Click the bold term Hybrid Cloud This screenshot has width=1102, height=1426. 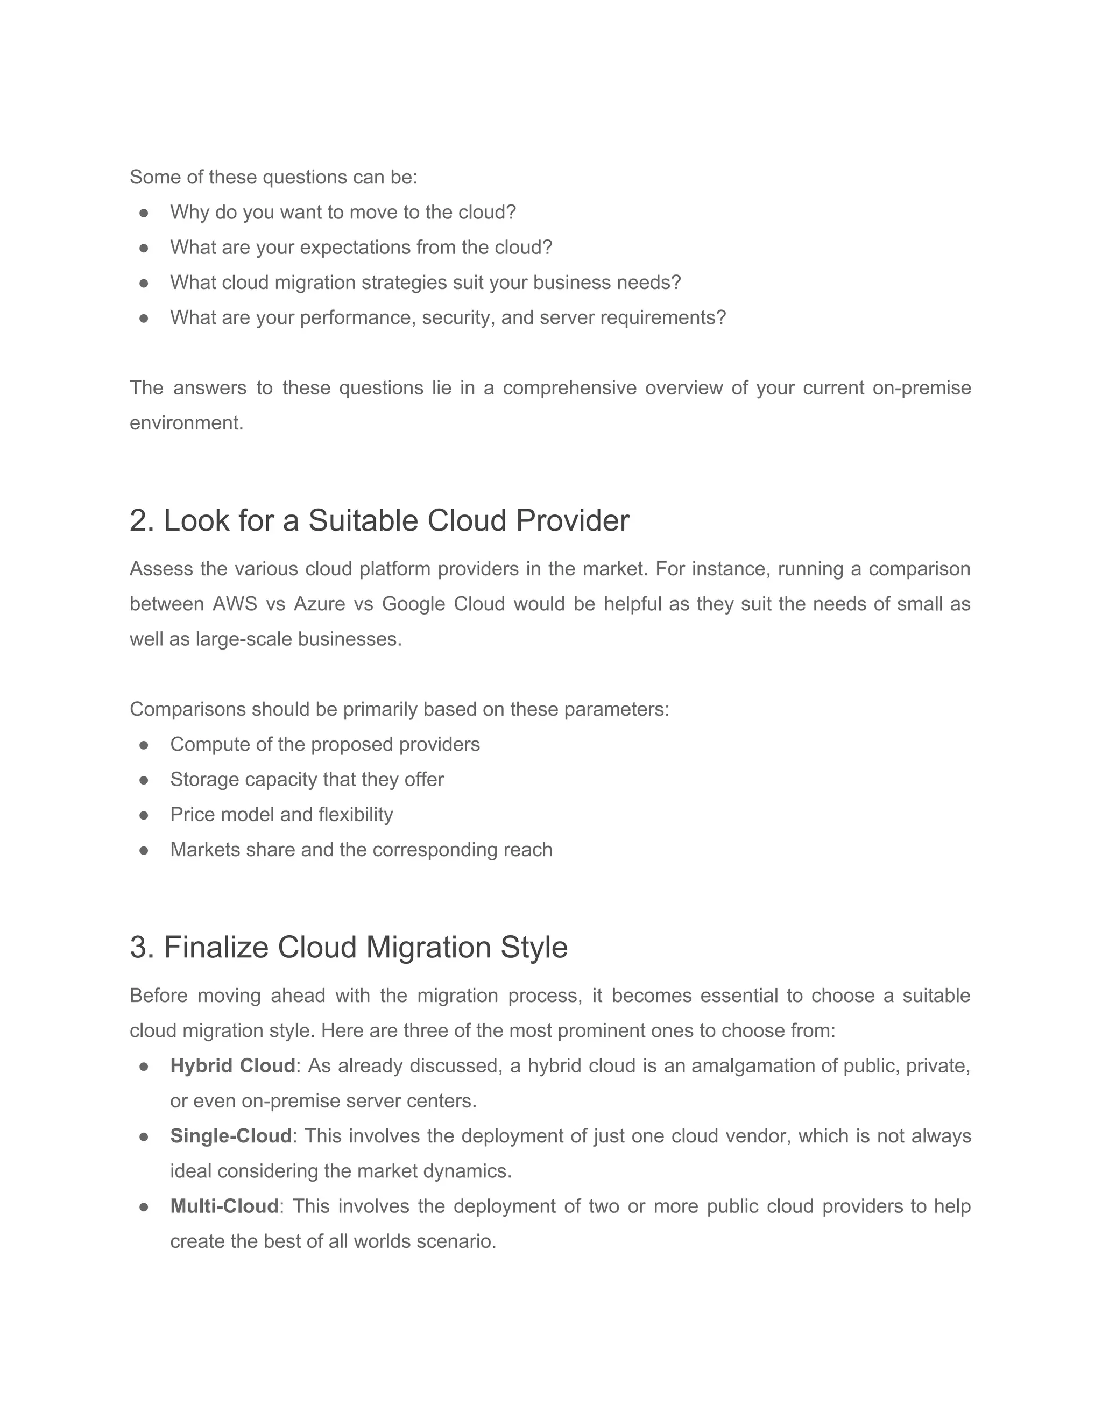232,1066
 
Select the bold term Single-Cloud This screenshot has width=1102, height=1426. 230,1136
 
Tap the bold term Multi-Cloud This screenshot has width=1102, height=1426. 224,1206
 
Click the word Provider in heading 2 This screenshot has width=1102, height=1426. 573,521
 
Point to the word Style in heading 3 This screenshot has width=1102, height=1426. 534,948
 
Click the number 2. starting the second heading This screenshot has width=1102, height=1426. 142,521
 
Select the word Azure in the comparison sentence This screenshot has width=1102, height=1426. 319,604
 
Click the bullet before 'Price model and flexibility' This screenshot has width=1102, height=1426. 144,815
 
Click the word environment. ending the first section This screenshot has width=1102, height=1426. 186,423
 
